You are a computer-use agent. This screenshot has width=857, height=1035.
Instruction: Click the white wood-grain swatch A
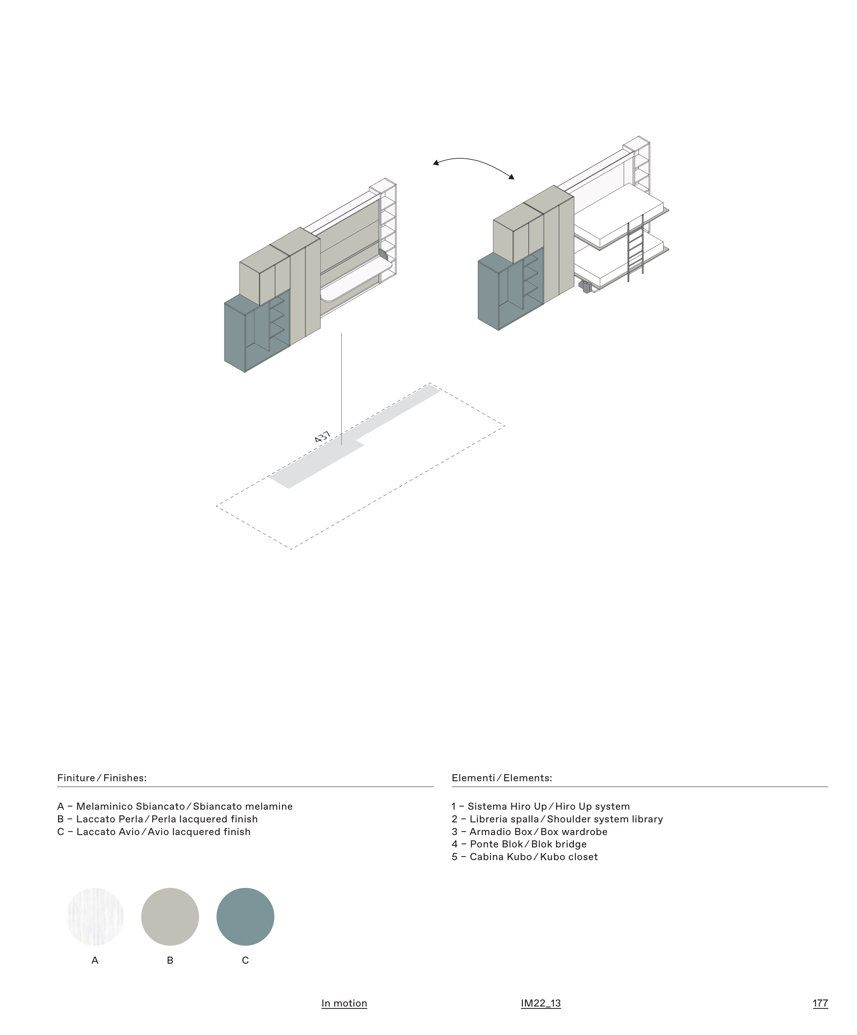[95, 917]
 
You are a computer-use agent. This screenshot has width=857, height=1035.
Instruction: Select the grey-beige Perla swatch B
[170, 917]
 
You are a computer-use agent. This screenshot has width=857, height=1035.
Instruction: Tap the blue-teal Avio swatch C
[245, 917]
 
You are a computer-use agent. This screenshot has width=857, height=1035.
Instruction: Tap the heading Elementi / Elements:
[502, 778]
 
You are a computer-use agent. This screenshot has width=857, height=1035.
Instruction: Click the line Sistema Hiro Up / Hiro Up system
[540, 806]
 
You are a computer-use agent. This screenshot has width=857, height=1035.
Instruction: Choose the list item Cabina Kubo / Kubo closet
[525, 857]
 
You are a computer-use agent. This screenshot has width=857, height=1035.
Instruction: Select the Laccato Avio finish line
[154, 831]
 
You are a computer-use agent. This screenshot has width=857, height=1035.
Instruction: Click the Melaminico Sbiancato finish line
[175, 806]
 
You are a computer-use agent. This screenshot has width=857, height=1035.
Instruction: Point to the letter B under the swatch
[170, 960]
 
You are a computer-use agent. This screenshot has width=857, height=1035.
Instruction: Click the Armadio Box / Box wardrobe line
[529, 831]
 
